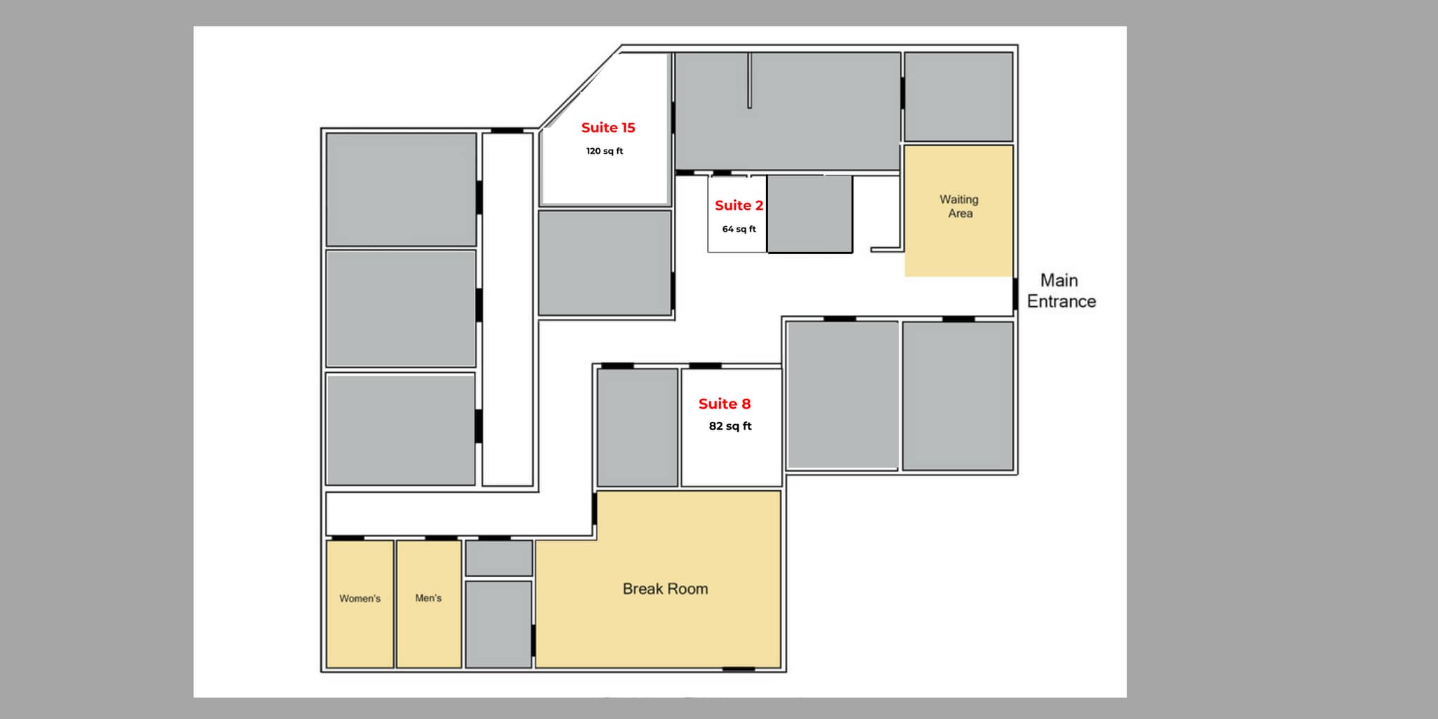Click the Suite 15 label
click(x=608, y=128)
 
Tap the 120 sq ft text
click(x=605, y=151)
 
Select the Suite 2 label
click(x=739, y=206)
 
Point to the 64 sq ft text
click(x=739, y=229)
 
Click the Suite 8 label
click(x=725, y=404)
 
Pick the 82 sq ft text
click(x=730, y=426)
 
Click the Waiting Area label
click(x=959, y=206)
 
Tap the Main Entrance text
click(x=1061, y=291)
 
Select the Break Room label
click(x=665, y=589)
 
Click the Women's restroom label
click(x=359, y=599)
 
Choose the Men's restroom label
click(x=428, y=598)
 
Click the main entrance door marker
click(x=1015, y=294)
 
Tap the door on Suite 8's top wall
click(x=705, y=366)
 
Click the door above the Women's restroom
click(x=348, y=539)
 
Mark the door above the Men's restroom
click(x=441, y=539)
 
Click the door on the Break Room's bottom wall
click(x=739, y=669)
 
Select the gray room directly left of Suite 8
click(x=637, y=427)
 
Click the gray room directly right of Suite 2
click(x=810, y=213)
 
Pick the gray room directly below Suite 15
click(x=605, y=263)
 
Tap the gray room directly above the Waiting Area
click(x=958, y=96)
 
